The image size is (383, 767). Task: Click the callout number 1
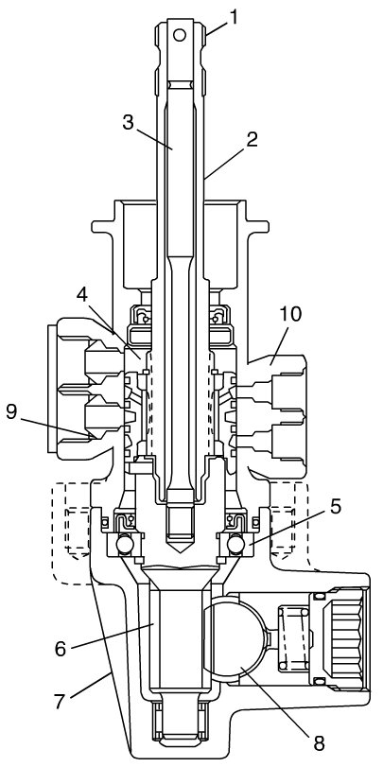[x=234, y=17]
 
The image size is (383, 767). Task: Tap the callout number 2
[x=252, y=140]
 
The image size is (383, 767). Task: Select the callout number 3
[x=128, y=123]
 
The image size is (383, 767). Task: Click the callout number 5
[x=335, y=507]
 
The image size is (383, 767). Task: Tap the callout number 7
[x=60, y=703]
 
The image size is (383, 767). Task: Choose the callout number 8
[x=319, y=743]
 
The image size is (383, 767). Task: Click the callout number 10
[x=290, y=314]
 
